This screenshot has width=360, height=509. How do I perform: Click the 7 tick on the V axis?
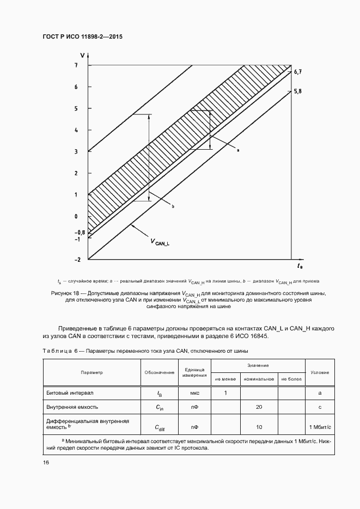(x=77, y=65)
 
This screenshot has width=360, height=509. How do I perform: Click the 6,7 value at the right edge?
(x=297, y=72)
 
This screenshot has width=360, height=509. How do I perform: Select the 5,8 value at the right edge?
(x=297, y=91)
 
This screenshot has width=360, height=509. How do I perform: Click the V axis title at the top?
(x=82, y=55)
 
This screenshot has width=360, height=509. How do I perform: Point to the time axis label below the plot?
(x=300, y=266)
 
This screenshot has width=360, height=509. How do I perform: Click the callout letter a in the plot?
(x=239, y=149)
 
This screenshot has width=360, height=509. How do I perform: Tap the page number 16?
(x=46, y=462)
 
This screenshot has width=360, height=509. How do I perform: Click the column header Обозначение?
(x=160, y=372)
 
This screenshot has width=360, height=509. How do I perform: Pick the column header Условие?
(x=319, y=372)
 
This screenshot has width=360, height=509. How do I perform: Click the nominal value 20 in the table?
(x=259, y=407)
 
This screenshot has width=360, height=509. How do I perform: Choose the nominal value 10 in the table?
(x=259, y=427)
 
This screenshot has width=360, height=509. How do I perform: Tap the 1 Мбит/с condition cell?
(x=319, y=427)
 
